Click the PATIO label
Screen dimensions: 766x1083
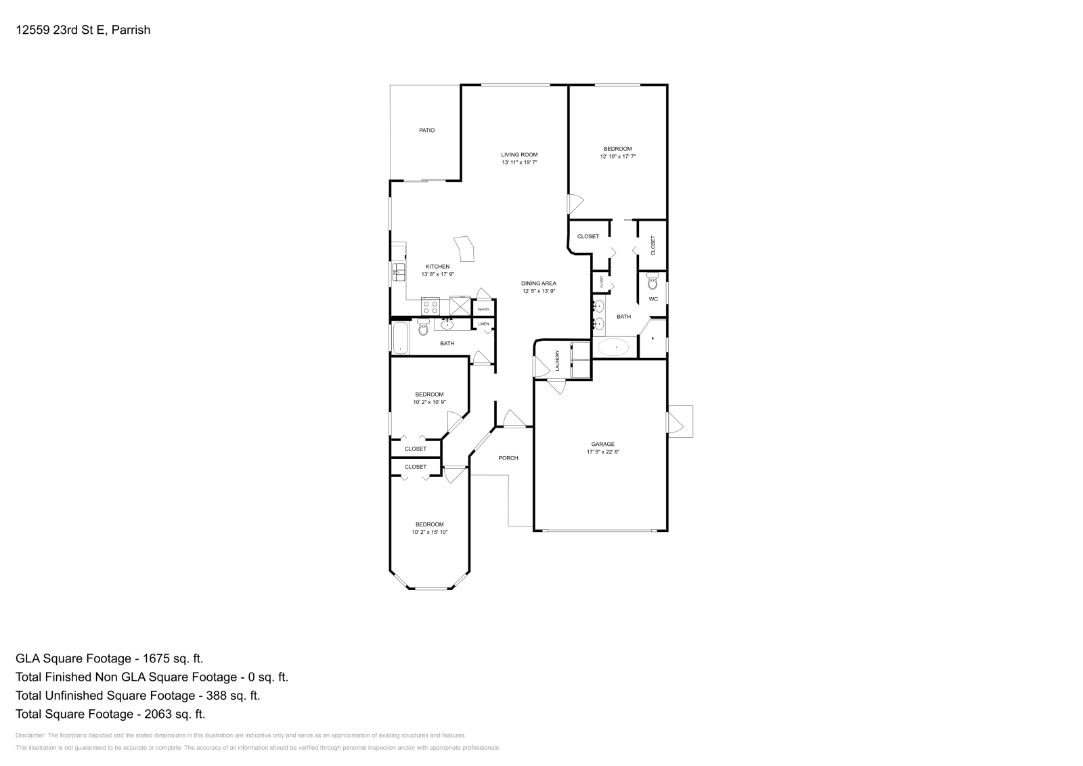coord(426,130)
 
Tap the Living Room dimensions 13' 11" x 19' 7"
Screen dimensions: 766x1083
coord(519,162)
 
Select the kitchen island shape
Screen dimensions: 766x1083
coord(465,248)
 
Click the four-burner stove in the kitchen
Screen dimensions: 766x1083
coord(430,307)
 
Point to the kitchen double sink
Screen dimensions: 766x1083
coord(398,272)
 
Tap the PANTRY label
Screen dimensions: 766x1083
coord(483,309)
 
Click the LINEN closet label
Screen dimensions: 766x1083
coord(483,324)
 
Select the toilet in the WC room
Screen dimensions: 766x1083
coord(653,280)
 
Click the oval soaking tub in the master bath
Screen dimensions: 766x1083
coord(613,348)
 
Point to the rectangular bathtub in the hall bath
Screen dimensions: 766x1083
coord(400,338)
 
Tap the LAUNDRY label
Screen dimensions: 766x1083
coord(557,360)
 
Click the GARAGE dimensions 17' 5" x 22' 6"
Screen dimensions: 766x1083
coord(602,451)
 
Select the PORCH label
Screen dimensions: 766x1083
coord(508,458)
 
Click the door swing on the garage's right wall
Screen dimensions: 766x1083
coord(676,422)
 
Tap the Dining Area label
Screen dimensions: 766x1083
coord(538,284)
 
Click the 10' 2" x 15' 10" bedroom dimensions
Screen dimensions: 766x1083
coord(429,532)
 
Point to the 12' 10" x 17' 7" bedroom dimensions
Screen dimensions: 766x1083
coord(617,156)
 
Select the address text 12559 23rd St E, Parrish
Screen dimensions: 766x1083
coord(83,30)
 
